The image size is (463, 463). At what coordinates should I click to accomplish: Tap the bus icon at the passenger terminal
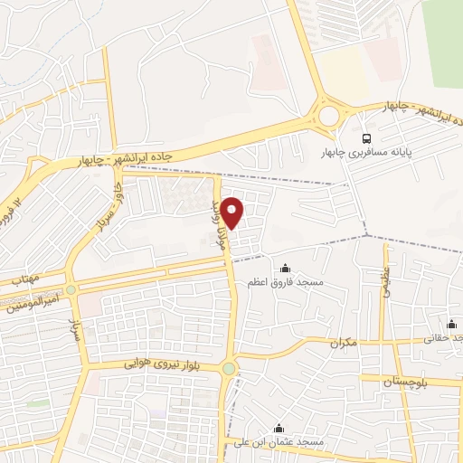(x=366, y=138)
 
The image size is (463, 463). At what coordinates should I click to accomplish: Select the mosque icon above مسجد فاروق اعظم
(x=286, y=268)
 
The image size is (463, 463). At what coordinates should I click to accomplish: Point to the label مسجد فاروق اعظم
(x=286, y=282)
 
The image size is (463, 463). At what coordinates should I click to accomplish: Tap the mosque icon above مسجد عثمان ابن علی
(x=278, y=428)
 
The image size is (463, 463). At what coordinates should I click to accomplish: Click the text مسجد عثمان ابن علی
(x=278, y=442)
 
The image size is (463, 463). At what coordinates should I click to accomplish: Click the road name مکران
(x=345, y=343)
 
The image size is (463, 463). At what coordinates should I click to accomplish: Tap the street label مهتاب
(x=24, y=280)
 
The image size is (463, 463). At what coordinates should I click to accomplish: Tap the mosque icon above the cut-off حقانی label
(x=450, y=324)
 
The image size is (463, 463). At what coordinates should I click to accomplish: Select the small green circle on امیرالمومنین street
(x=71, y=290)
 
